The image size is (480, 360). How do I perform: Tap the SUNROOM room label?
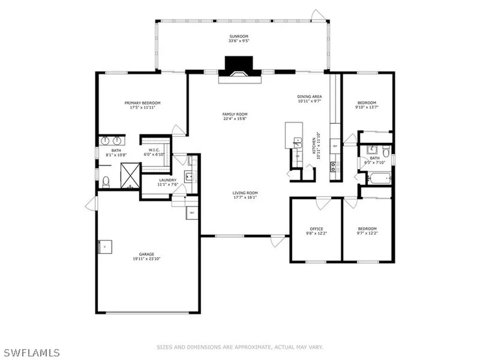pyautogui.click(x=239, y=36)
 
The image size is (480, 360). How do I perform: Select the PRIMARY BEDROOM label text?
pyautogui.click(x=142, y=103)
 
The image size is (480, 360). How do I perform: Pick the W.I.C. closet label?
pyautogui.click(x=155, y=150)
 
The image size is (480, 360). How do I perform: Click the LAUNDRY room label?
pyautogui.click(x=167, y=180)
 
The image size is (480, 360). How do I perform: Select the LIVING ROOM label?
pyautogui.click(x=245, y=193)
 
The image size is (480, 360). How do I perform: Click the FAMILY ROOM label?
pyautogui.click(x=235, y=114)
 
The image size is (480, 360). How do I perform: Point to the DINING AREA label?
pyautogui.click(x=310, y=97)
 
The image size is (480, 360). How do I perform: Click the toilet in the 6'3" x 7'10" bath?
pyautogui.click(x=385, y=151)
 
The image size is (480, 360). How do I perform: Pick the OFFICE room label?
pyautogui.click(x=317, y=229)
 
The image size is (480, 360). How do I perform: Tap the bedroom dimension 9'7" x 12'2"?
pyautogui.click(x=367, y=233)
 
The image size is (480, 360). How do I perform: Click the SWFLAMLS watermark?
pyautogui.click(x=30, y=352)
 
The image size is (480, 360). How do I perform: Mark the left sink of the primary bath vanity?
pyautogui.click(x=105, y=140)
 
